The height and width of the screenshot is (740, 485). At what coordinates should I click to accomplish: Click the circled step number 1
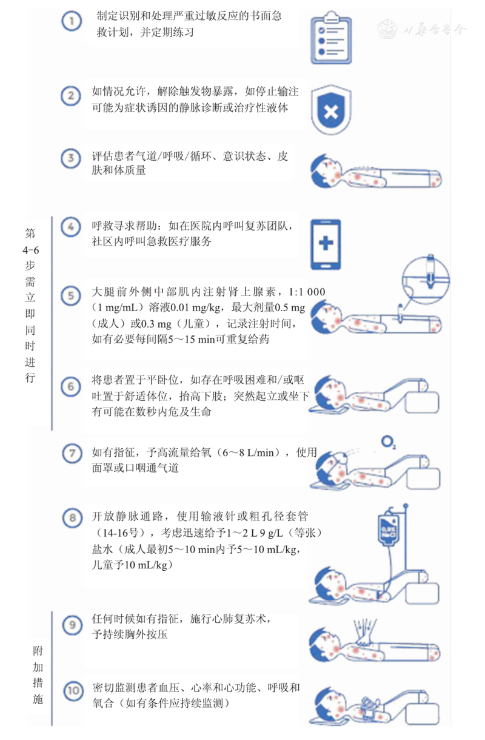coord(72,22)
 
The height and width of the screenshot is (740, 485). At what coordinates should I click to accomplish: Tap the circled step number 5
coord(72,296)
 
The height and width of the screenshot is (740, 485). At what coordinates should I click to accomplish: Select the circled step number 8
coord(72,517)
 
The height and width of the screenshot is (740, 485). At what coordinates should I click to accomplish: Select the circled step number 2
coord(72,95)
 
